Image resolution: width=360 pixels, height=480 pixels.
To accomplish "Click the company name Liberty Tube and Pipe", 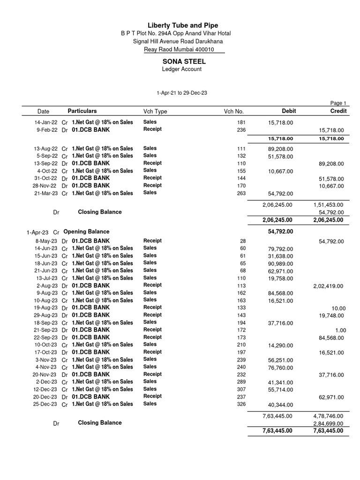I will (183, 25).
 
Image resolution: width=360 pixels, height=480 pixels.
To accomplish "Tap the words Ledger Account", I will (181, 69).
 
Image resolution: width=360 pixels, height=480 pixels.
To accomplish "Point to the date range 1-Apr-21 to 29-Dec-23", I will (181, 93).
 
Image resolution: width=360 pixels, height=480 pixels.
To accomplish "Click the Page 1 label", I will (338, 104).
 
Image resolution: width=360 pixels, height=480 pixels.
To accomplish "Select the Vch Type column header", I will (155, 112).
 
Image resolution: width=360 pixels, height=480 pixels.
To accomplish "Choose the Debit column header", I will (289, 111).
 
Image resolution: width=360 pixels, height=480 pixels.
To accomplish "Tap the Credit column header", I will (338, 111).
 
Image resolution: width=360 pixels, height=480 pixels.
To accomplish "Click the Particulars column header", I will (82, 111).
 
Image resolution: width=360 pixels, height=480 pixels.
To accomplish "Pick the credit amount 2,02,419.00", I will (328, 286).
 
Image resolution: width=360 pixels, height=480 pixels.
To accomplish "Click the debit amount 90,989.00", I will (280, 263).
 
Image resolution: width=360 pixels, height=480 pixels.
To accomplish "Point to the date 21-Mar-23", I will (46, 193).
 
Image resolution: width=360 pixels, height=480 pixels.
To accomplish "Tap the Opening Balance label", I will (86, 232).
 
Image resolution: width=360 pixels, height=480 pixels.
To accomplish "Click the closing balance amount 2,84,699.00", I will (328, 424).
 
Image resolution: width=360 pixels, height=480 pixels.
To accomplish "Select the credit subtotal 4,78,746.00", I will (328, 416).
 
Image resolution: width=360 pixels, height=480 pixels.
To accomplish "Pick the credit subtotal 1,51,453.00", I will (328, 205).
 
